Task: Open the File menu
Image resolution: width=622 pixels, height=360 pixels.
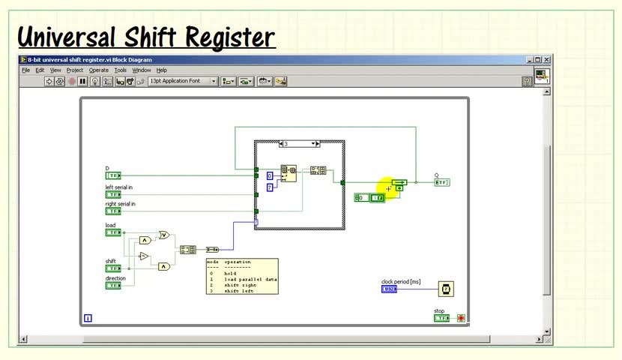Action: (x=25, y=70)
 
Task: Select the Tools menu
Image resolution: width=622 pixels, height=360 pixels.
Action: (x=120, y=70)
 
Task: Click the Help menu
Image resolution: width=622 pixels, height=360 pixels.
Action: (x=162, y=70)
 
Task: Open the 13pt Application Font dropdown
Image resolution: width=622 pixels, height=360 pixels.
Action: (x=183, y=81)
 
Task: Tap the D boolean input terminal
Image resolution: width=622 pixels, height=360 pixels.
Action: (x=112, y=175)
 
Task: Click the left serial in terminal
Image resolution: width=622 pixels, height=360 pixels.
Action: (x=112, y=194)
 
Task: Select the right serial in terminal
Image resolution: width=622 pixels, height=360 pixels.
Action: (x=112, y=211)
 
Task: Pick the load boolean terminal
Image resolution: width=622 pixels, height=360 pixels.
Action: (x=112, y=232)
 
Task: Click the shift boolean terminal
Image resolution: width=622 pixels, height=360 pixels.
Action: (x=112, y=268)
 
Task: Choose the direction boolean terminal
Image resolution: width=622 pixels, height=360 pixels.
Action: (x=112, y=286)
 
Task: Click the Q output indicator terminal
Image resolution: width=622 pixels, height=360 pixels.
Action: (x=441, y=182)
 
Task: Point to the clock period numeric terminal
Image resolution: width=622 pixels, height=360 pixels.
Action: (x=389, y=289)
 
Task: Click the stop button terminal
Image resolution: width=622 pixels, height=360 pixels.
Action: (x=441, y=318)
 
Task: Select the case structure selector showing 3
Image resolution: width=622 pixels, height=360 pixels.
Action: (x=299, y=143)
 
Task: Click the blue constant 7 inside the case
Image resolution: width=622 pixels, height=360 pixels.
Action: (x=270, y=187)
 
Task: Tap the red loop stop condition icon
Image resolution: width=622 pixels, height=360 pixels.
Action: (x=461, y=318)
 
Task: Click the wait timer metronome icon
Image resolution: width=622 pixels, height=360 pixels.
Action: (x=445, y=289)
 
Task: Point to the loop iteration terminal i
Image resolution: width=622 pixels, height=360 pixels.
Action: (x=88, y=318)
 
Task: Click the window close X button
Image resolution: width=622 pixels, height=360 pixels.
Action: (x=547, y=60)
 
